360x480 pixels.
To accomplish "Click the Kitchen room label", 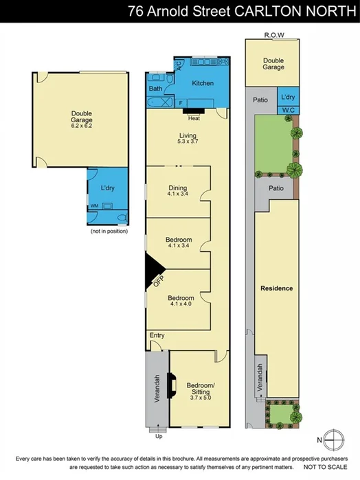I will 203,83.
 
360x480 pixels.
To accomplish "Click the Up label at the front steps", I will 159,435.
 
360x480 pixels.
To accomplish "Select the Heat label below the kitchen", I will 194,117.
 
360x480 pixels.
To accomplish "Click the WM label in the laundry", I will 94,205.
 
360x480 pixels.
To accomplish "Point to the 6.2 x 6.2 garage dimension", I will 82,126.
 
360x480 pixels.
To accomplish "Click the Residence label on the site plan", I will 276,288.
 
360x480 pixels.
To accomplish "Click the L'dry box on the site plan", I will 288,96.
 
